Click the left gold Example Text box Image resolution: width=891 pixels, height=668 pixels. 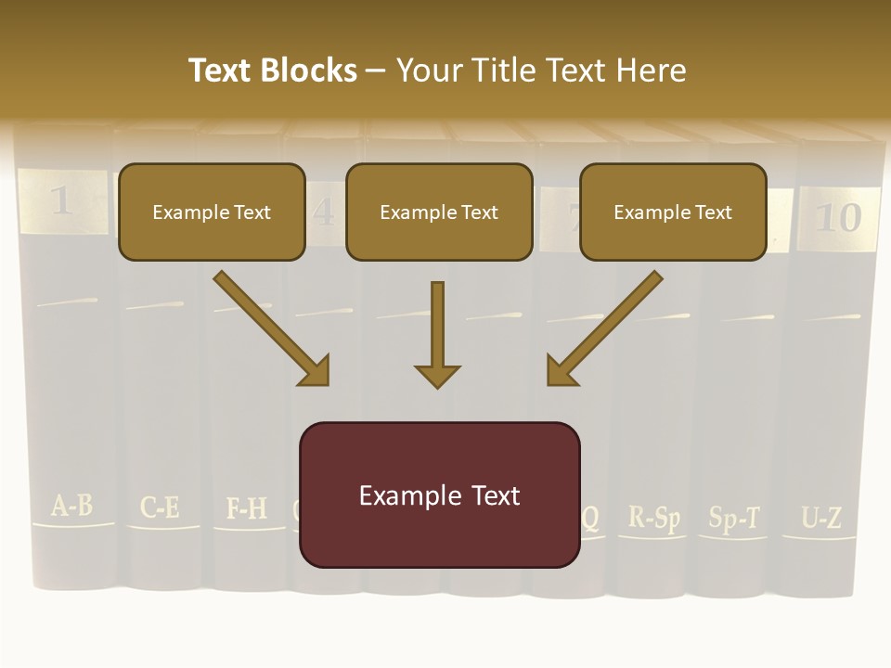coord(212,212)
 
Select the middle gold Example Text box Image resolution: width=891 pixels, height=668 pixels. coord(439,212)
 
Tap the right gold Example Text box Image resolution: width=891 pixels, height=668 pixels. coord(673,212)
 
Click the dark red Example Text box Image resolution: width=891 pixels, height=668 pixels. coord(439,495)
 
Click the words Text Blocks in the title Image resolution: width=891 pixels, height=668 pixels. coord(273,71)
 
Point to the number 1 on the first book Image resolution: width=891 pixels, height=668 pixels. coord(61,200)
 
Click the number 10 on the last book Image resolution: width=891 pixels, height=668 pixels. coord(837,217)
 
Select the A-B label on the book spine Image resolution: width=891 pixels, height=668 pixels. coord(71,506)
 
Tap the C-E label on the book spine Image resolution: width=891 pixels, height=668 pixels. coord(160,507)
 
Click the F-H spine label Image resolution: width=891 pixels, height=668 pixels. coord(247,508)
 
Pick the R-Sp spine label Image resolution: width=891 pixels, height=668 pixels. coord(653,517)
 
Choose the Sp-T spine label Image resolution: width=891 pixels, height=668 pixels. coord(734,518)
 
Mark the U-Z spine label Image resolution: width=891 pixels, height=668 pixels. coord(821,519)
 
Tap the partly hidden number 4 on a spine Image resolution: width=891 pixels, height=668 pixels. coord(323,213)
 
